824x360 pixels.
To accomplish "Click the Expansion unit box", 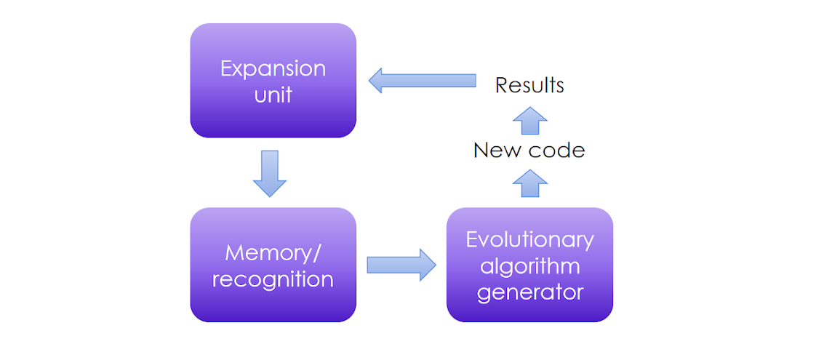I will [x=273, y=80].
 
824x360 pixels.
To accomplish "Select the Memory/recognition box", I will [x=273, y=265].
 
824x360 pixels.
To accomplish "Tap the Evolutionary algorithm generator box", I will [x=529, y=265].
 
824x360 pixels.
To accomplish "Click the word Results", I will [x=529, y=85].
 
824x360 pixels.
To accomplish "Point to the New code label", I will [x=529, y=151].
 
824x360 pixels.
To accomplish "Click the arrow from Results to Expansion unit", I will [x=422, y=80].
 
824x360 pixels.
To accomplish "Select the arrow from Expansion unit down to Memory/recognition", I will [x=269, y=173].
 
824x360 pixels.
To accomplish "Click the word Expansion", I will [x=273, y=69].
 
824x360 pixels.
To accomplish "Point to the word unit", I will [x=273, y=95].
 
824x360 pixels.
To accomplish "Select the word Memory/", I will [x=273, y=253].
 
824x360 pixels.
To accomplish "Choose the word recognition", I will [x=273, y=279].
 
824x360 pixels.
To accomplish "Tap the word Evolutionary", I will [x=529, y=240].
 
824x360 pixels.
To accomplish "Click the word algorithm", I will [x=529, y=265].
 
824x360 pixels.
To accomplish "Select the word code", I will [x=557, y=151].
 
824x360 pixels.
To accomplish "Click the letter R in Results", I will [x=502, y=85].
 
